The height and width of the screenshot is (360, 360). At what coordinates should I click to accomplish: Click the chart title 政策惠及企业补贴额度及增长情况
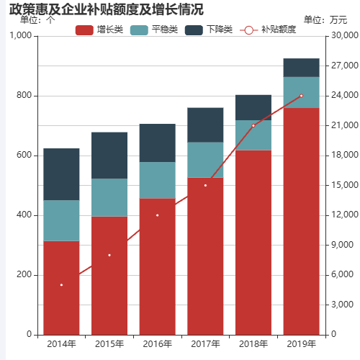pos(106,9)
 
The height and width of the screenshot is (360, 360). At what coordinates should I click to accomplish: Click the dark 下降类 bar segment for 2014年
pos(61,174)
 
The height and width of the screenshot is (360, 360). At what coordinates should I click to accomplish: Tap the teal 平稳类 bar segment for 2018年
pos(253,135)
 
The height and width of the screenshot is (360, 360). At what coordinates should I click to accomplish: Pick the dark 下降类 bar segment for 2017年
pos(205,125)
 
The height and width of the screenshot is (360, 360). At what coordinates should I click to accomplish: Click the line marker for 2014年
pos(61,285)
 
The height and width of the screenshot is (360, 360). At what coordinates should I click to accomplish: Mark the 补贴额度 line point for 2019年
pos(301,96)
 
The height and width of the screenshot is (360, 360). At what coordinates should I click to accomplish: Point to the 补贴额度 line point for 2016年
pos(157,215)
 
